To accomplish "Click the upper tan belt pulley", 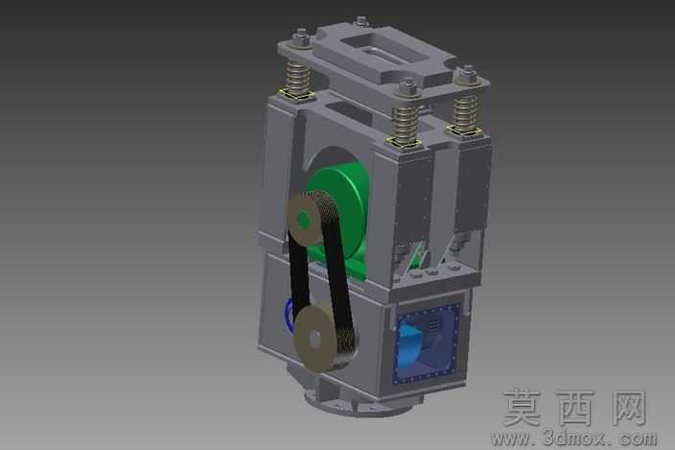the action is click(304, 219).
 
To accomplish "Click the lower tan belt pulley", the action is click(316, 338).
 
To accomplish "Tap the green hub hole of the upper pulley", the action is click(304, 220).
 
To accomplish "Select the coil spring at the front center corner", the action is click(406, 123).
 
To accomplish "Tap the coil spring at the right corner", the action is click(465, 113).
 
